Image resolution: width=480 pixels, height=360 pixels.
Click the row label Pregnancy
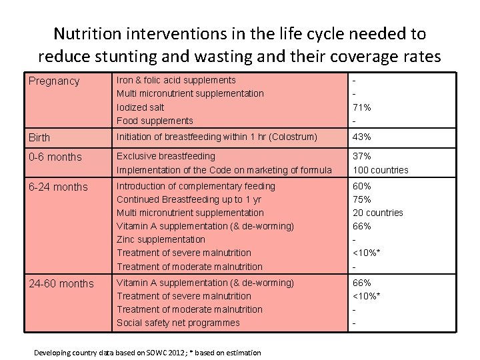[54, 81]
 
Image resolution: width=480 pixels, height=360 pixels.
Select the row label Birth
[39, 138]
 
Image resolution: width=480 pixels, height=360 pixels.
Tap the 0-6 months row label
[55, 157]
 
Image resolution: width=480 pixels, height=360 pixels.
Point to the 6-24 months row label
[59, 187]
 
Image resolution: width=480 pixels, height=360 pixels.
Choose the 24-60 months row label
[61, 284]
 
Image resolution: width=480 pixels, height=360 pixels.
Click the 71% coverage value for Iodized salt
[362, 107]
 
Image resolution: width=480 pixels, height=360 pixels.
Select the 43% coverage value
[362, 137]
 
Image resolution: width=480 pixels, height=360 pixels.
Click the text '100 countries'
[380, 170]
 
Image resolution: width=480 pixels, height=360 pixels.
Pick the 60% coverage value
[362, 187]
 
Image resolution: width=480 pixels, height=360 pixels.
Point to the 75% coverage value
[362, 200]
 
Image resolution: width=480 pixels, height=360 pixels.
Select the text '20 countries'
[377, 213]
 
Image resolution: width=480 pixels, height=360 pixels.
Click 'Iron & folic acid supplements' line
[176, 81]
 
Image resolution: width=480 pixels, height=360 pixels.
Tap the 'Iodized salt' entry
[140, 107]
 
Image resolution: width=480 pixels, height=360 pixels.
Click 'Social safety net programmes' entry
[178, 323]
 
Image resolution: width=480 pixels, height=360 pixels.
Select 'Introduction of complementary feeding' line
[195, 187]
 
